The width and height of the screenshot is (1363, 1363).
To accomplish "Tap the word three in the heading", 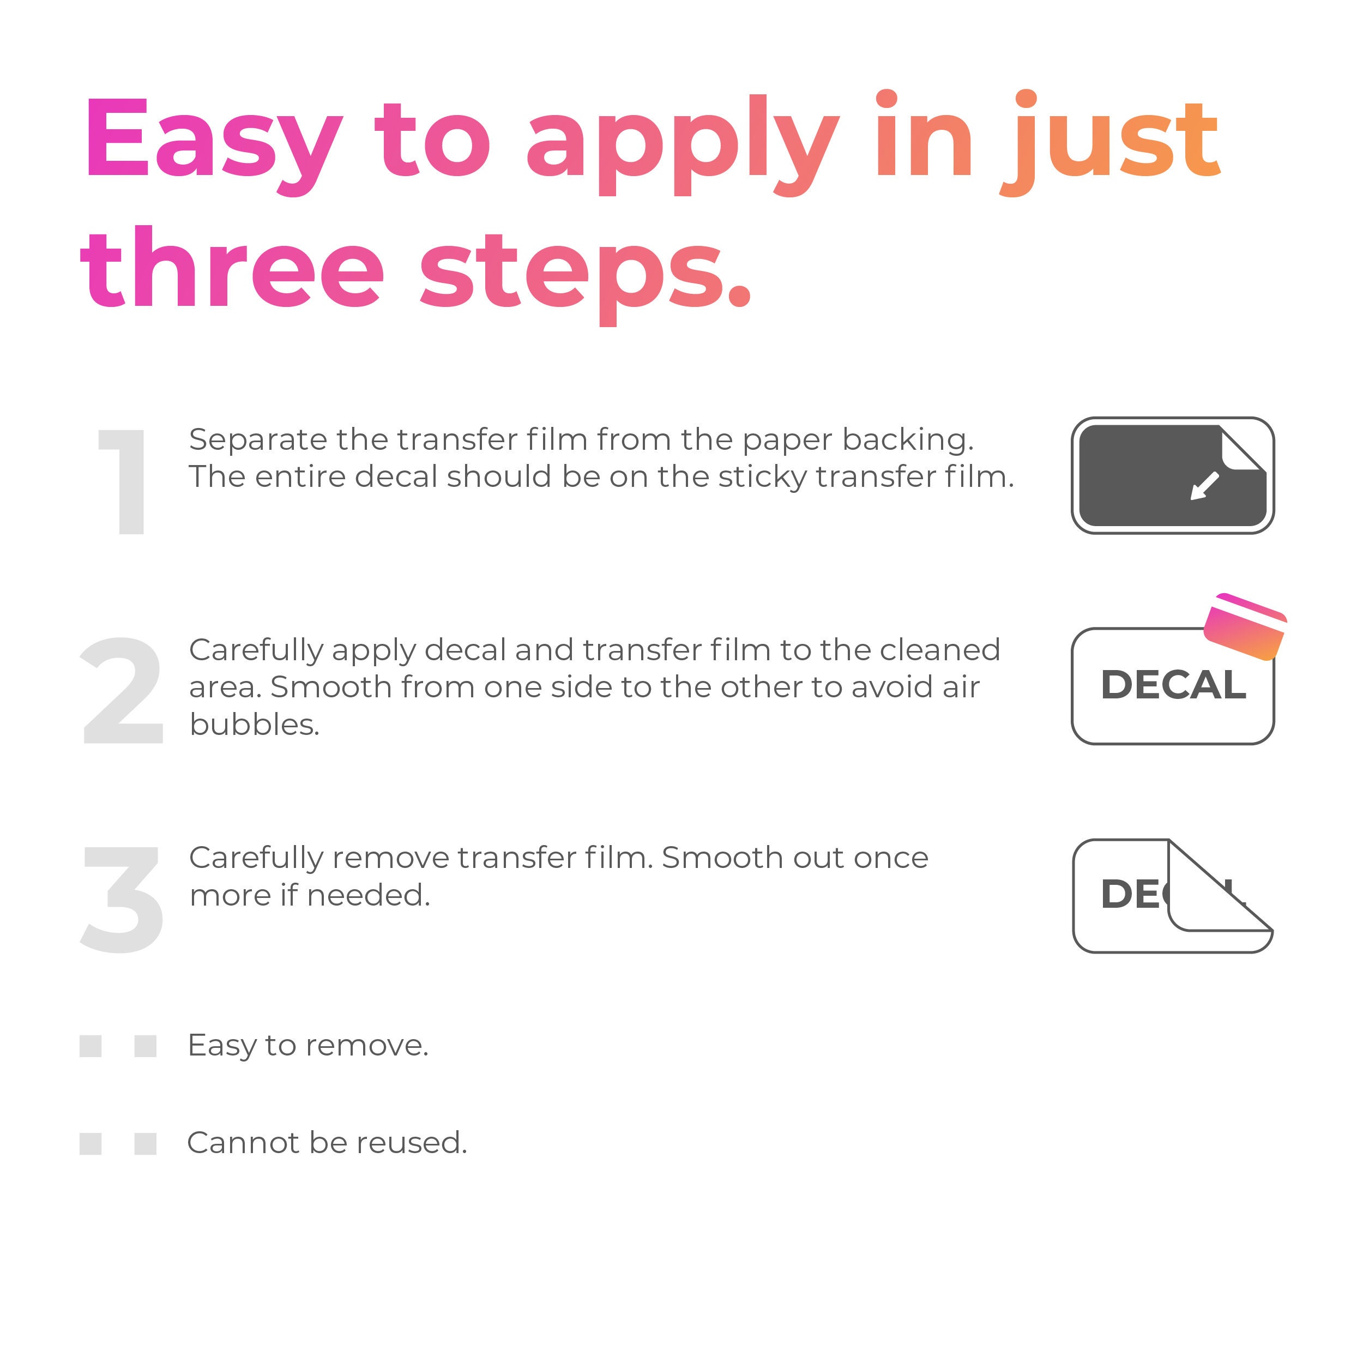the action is click(x=232, y=268).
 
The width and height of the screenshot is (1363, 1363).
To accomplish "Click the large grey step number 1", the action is click(x=123, y=482).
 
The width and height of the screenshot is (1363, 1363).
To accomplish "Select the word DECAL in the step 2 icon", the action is click(x=1173, y=684).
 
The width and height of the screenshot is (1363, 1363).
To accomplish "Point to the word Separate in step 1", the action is click(x=257, y=440).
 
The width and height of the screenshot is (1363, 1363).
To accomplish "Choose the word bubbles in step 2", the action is click(x=255, y=724).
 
